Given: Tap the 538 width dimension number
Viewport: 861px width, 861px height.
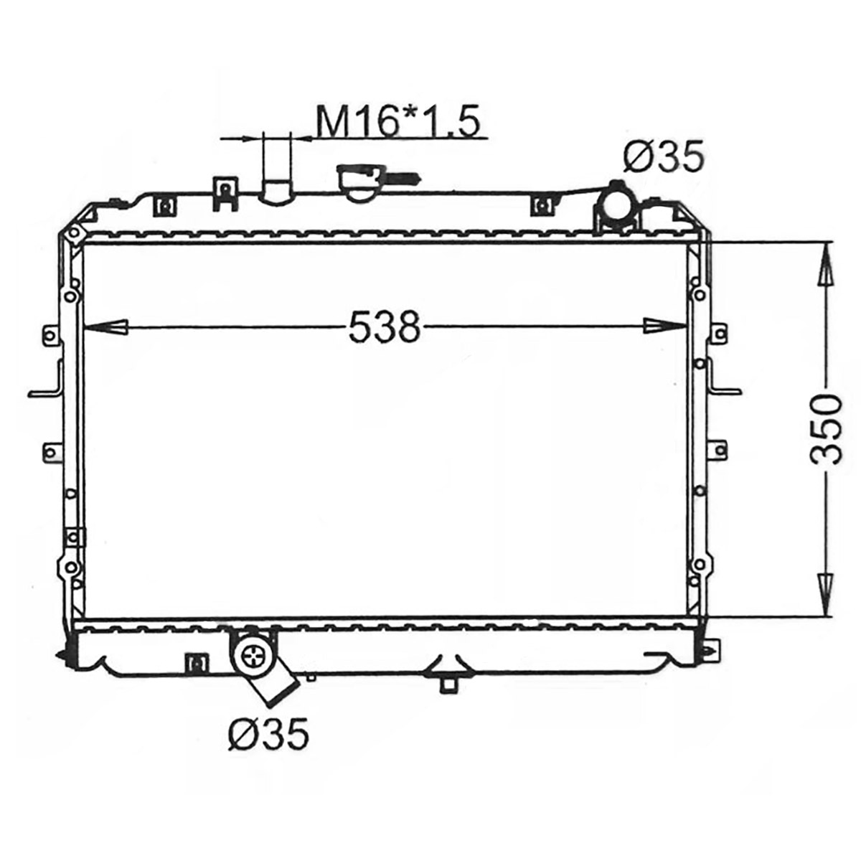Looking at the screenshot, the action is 385,326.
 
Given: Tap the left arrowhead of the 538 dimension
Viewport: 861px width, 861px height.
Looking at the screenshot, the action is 105,326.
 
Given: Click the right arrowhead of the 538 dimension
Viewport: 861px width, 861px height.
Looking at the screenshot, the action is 665,326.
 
